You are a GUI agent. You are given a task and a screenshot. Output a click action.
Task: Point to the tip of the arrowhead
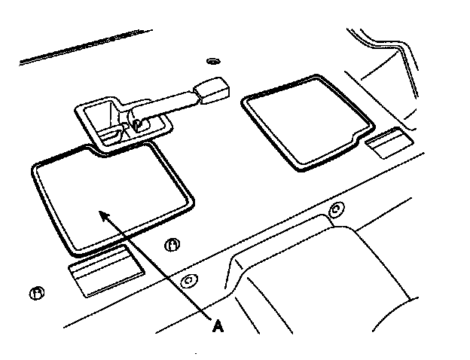99,212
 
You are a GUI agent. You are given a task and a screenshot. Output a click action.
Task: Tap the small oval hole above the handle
212,60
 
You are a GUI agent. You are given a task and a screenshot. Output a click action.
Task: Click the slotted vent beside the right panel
387,142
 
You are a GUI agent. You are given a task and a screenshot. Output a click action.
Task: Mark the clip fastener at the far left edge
35,293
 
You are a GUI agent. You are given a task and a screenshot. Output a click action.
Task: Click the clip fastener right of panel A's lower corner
172,245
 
